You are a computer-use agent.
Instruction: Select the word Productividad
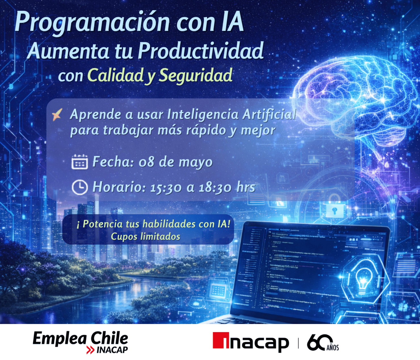(201, 51)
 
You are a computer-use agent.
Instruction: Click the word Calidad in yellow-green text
(115, 75)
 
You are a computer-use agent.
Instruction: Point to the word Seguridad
(196, 75)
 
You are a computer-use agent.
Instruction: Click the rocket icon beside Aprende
(57, 115)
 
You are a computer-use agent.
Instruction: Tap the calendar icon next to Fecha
(79, 162)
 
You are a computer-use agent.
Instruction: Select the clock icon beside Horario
(79, 187)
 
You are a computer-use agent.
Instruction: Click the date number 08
(146, 162)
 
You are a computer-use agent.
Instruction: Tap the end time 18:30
(215, 188)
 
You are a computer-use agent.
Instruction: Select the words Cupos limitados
(145, 237)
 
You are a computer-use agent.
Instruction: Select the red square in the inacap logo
(221, 340)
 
